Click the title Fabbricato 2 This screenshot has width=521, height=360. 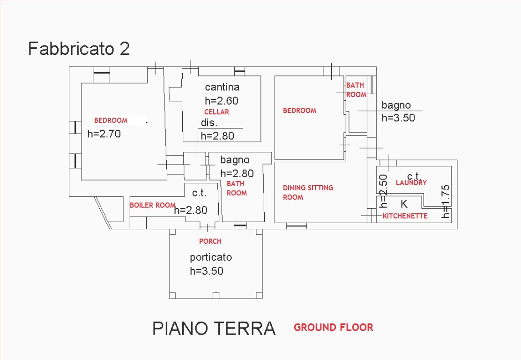tap(79, 49)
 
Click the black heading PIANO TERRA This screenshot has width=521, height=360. tap(214, 329)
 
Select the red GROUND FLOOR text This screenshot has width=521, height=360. tap(333, 328)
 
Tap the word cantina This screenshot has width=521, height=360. tap(222, 87)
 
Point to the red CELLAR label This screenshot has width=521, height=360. tap(216, 112)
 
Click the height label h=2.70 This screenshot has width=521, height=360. tap(104, 134)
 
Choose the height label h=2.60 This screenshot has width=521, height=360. tap(222, 100)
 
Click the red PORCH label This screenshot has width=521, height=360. tap(210, 241)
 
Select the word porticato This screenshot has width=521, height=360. tap(211, 257)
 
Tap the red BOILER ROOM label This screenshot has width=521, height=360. tap(153, 205)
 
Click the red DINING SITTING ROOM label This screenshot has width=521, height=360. tap(308, 193)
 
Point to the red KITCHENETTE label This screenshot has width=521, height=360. tap(405, 216)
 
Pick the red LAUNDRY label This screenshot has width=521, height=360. tap(411, 182)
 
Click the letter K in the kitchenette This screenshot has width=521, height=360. tap(404, 204)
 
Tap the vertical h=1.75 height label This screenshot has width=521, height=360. tap(446, 202)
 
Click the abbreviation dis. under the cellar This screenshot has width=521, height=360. tap(209, 123)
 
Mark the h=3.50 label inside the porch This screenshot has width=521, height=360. tap(206, 271)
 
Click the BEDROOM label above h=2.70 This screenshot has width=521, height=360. tap(111, 120)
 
